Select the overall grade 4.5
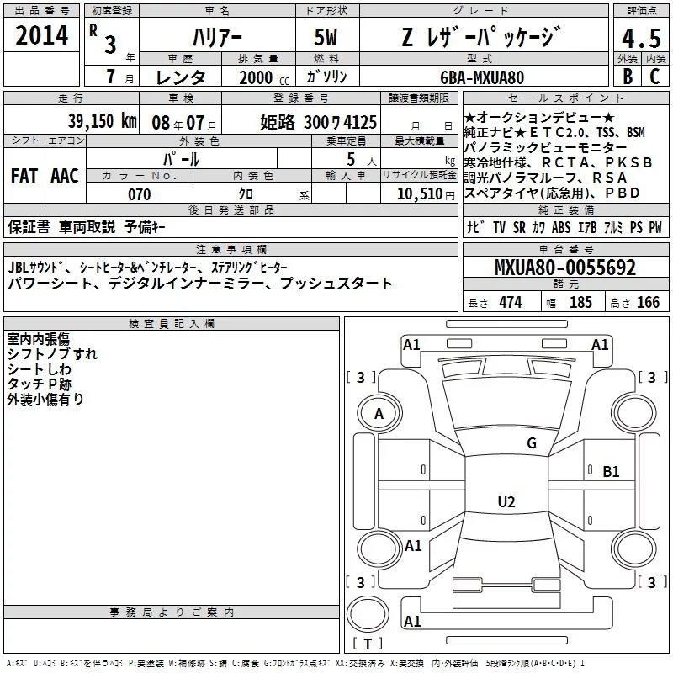(640, 40)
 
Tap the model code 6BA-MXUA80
(481, 77)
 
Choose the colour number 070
(139, 194)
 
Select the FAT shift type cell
(24, 175)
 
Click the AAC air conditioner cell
(65, 175)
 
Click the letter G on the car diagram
(531, 443)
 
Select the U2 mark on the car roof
(506, 502)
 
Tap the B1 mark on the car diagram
(611, 472)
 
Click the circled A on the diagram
(379, 414)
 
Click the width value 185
(580, 303)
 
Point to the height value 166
(648, 303)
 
